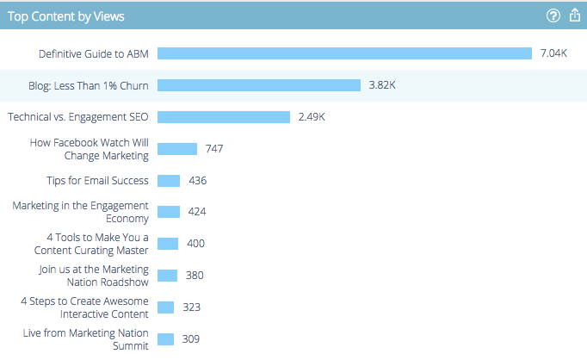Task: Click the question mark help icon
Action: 553,16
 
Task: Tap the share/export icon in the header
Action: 575,16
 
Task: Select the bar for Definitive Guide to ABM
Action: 344,53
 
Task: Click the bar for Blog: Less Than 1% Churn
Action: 258,85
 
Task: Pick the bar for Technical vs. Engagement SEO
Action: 224,117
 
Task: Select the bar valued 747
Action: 177,149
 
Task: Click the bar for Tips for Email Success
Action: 169,181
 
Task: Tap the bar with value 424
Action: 169,212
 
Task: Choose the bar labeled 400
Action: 168,244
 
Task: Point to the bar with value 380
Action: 167,276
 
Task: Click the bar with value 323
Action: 166,307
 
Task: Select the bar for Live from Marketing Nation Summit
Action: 166,339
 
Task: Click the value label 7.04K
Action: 553,53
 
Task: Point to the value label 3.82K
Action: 382,85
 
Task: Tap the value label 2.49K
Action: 312,117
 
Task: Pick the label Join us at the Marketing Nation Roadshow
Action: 94,276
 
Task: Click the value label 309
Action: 191,339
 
